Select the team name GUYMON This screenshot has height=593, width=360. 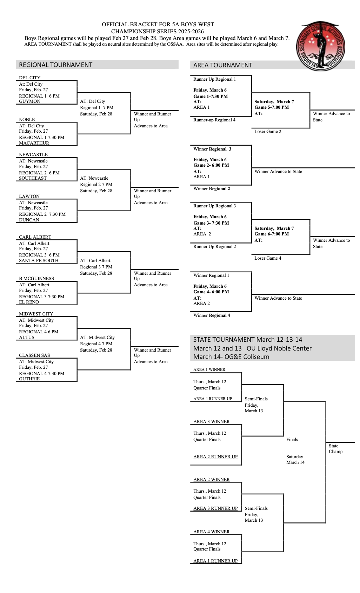coord(29,101)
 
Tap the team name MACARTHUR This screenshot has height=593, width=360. coord(34,143)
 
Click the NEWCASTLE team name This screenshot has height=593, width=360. coord(33,155)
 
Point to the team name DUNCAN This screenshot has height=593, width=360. coord(29,220)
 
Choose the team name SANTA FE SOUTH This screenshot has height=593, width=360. coord(39,261)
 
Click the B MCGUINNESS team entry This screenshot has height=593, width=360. coord(36,279)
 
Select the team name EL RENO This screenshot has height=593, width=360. coord(29,302)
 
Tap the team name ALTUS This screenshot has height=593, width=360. coord(27,338)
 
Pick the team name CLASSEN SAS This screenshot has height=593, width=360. coord(34,355)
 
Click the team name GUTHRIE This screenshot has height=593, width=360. coord(29,379)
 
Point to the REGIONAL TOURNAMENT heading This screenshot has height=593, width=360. coord(55,65)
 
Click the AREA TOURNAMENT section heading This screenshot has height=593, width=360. coord(222,65)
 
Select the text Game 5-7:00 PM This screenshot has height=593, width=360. coord(271,107)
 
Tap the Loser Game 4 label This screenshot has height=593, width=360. coord(268,258)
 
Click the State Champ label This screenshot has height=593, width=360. coord(335,449)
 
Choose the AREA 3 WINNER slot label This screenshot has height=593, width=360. coord(211,422)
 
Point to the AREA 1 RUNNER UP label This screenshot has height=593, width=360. coord(215,561)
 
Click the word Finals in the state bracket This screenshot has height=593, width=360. coord(292,440)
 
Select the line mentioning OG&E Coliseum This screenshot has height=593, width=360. coord(231,357)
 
